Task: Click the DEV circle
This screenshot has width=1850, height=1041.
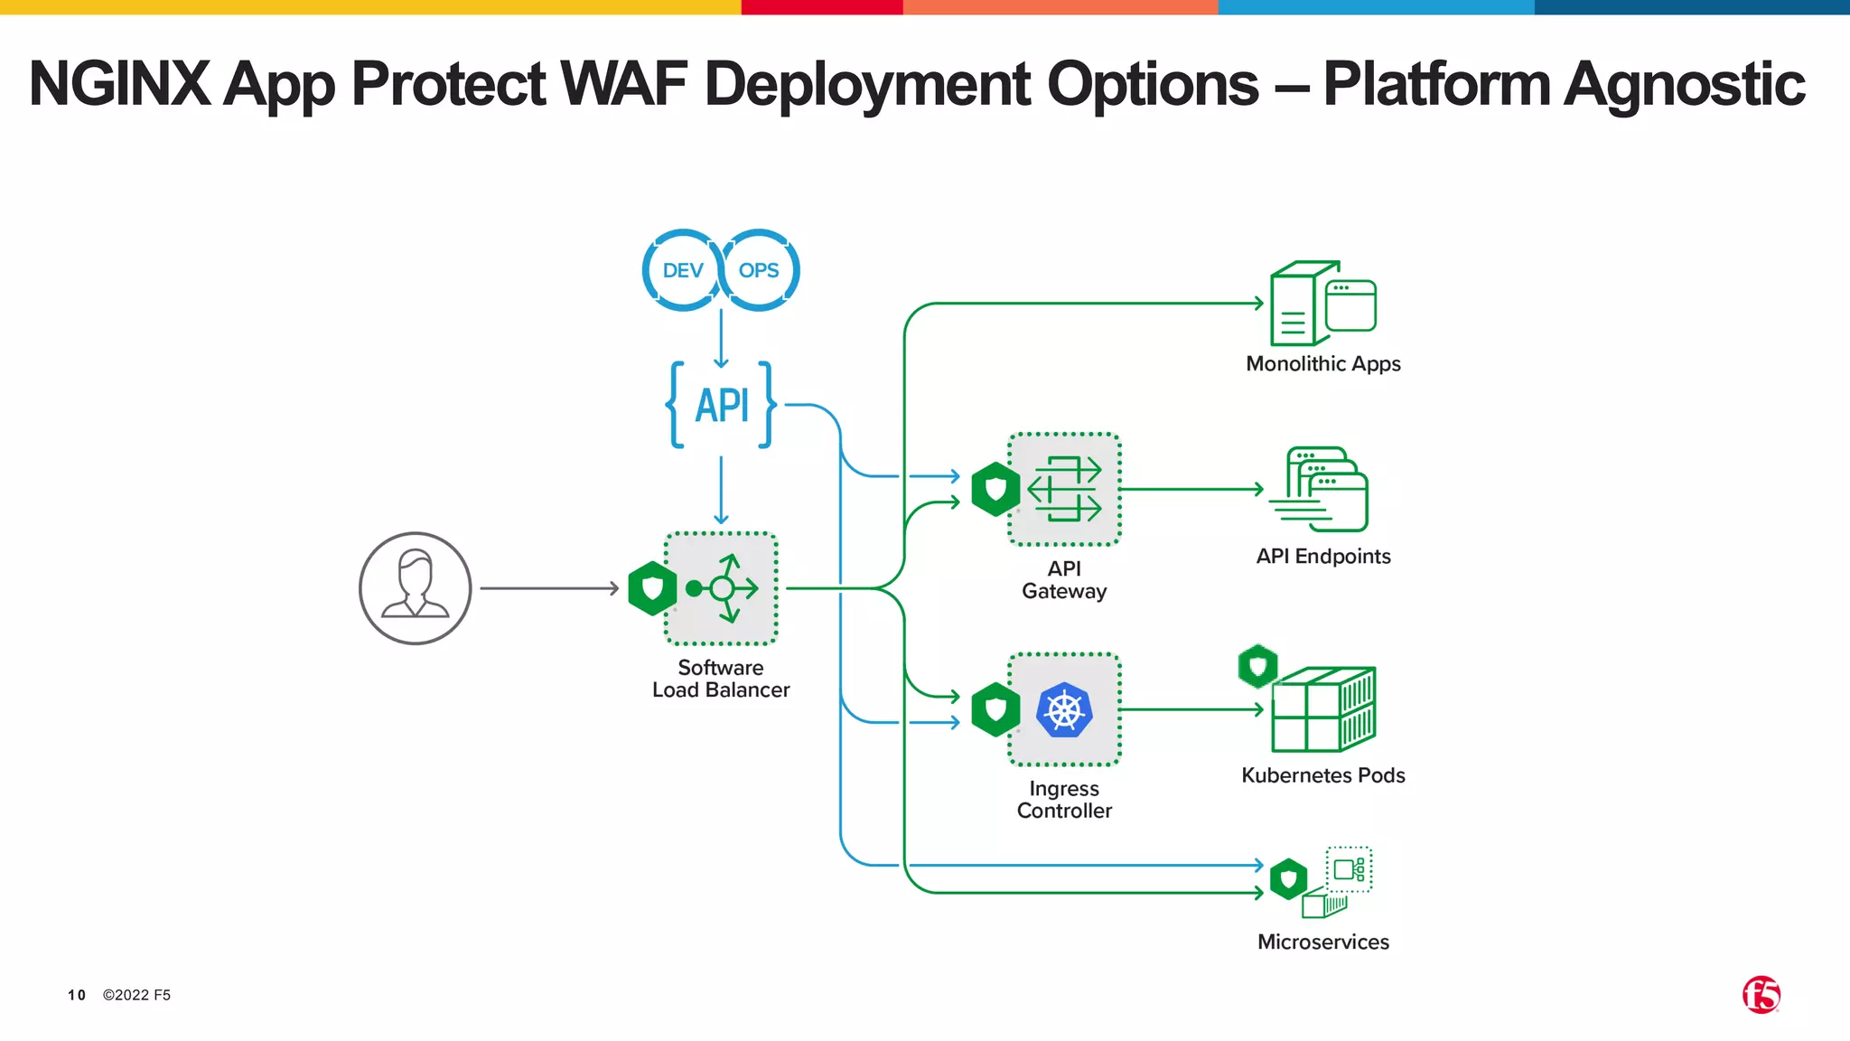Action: pyautogui.click(x=682, y=270)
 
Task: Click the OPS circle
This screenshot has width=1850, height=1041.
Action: pyautogui.click(x=759, y=270)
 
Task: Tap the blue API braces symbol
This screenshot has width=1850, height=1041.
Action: pyautogui.click(x=721, y=405)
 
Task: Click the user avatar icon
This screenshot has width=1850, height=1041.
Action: pyautogui.click(x=416, y=588)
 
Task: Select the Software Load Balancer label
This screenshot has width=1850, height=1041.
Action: pyautogui.click(x=721, y=679)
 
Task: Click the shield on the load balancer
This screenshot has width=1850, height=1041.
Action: pyautogui.click(x=652, y=588)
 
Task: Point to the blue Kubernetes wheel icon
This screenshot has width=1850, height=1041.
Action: pyautogui.click(x=1064, y=710)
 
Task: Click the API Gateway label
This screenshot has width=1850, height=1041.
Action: pyautogui.click(x=1064, y=580)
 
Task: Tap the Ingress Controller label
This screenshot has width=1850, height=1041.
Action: pyautogui.click(x=1064, y=800)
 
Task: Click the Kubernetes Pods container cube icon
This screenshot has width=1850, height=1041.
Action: pyautogui.click(x=1323, y=709)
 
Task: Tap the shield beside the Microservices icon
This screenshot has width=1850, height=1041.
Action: pyautogui.click(x=1288, y=878)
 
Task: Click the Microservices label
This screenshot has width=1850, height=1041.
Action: pyautogui.click(x=1323, y=942)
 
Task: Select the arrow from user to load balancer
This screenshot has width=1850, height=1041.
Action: pyautogui.click(x=548, y=588)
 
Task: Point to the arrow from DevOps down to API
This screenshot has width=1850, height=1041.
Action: pyautogui.click(x=721, y=338)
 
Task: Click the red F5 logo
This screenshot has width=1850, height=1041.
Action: pyautogui.click(x=1761, y=995)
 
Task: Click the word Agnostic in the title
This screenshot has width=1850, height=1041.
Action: pyautogui.click(x=1684, y=84)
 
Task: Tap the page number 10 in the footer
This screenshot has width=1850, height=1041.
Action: pyautogui.click(x=77, y=995)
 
